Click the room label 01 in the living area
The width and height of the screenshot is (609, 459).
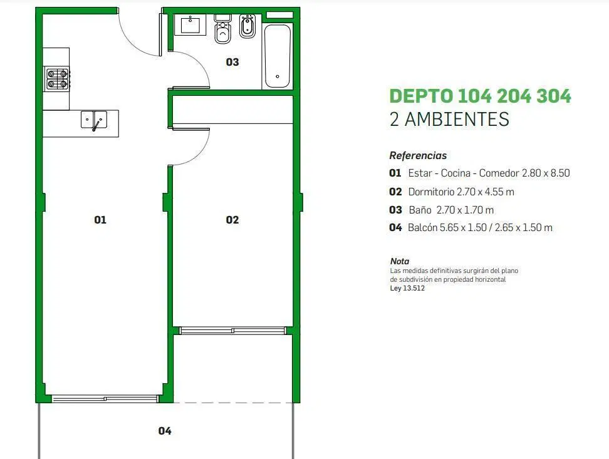click(100, 220)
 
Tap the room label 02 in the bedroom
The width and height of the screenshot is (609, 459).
click(232, 220)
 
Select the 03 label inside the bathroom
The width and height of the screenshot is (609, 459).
click(232, 62)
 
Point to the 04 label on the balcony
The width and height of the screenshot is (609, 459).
click(165, 431)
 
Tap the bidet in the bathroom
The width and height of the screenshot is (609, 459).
click(247, 26)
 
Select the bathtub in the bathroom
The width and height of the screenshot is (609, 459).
click(278, 56)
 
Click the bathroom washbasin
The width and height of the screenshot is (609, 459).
click(190, 25)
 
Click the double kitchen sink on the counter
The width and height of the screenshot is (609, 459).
click(94, 120)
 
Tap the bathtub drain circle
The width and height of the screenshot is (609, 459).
click(278, 76)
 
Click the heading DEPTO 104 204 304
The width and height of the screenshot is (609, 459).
click(481, 96)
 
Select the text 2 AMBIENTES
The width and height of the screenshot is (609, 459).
click(449, 119)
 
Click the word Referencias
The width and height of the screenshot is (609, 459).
click(418, 155)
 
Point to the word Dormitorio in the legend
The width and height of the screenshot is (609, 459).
click(431, 192)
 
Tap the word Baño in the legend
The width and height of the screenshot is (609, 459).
click(420, 210)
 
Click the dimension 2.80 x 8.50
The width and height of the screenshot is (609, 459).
click(546, 173)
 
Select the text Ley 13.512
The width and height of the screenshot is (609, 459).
click(407, 288)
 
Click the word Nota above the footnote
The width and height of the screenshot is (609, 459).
click(400, 261)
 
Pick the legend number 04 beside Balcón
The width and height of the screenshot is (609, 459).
click(395, 227)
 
